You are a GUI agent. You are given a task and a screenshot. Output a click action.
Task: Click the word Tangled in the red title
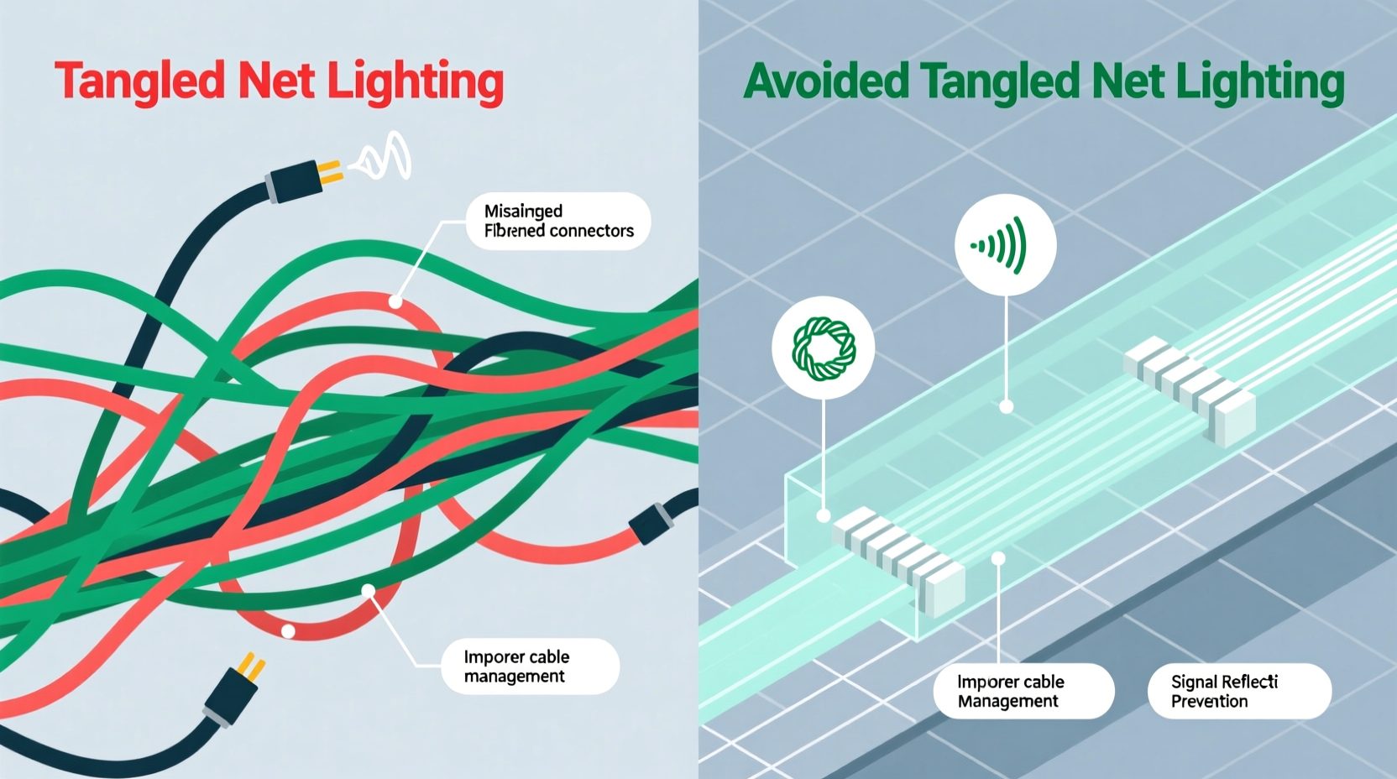139,82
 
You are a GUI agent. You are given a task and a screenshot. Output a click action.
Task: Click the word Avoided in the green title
826,81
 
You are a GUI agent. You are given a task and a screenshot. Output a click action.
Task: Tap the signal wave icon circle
1005,245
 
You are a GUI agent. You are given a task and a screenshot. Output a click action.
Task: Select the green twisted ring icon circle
823,348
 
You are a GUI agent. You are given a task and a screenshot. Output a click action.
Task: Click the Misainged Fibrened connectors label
557,221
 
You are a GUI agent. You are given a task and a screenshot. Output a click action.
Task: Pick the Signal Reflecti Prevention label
1238,691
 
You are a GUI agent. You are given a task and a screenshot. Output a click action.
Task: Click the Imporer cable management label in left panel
529,667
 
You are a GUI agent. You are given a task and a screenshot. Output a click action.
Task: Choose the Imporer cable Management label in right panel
1023,691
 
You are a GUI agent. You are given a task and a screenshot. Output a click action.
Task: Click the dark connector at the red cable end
651,522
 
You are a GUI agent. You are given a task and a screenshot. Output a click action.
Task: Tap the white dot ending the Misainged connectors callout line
395,301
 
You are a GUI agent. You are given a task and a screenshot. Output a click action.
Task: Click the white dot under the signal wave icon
1006,407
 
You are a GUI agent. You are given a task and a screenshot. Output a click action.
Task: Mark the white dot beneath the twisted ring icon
824,515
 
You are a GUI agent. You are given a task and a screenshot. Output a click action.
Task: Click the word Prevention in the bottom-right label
1209,702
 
